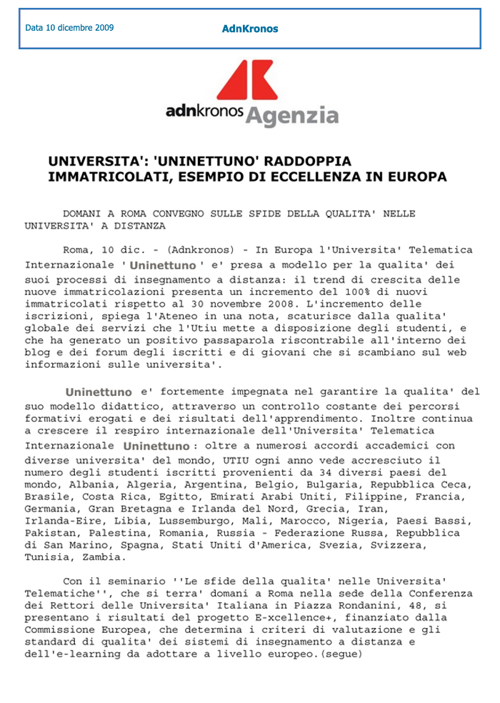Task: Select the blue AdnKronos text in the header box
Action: pyautogui.click(x=250, y=29)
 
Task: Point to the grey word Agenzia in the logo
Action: pyautogui.click(x=293, y=115)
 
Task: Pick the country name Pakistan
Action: pyautogui.click(x=50, y=532)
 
